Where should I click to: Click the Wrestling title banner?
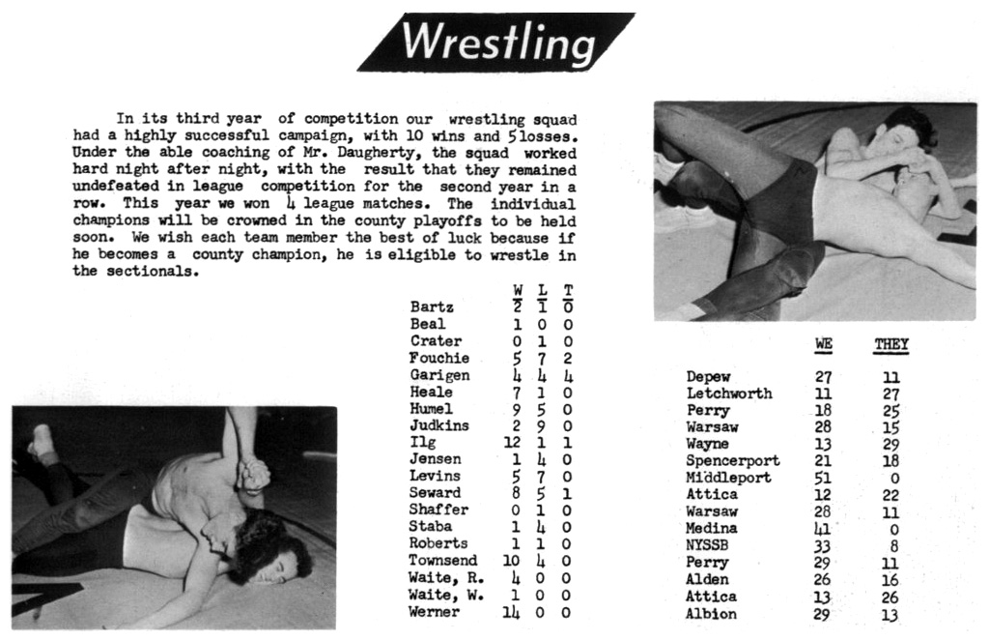496,43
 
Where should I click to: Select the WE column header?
823,344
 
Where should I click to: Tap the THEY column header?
890,344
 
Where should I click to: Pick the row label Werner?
435,612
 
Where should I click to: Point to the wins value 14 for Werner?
510,612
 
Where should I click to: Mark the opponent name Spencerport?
732,461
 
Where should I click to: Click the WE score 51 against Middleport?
823,478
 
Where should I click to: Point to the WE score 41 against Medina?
823,529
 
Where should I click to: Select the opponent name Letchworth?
728,393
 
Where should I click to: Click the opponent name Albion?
711,613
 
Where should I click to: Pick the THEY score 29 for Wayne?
890,444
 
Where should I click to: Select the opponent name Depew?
708,377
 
